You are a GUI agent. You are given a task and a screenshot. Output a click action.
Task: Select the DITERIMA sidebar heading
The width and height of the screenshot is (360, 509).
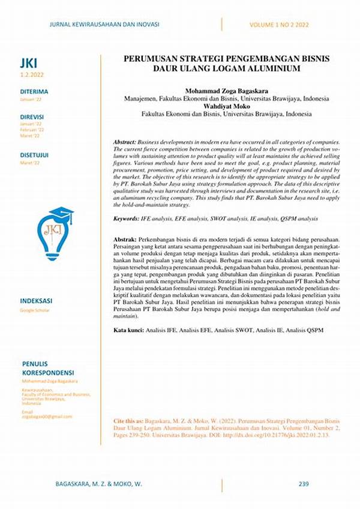[x=34, y=92]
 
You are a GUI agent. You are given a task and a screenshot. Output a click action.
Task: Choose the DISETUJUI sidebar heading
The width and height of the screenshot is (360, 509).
[x=35, y=155]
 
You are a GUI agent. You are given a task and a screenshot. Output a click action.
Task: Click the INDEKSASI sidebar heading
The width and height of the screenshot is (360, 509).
[x=37, y=301]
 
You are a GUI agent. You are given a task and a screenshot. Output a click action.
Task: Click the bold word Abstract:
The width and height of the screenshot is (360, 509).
[x=125, y=140]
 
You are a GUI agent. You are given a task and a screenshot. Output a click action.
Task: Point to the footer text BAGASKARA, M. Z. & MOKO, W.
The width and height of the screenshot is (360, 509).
[x=99, y=483]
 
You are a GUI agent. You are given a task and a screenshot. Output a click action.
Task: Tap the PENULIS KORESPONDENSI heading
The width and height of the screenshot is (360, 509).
[x=47, y=368]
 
